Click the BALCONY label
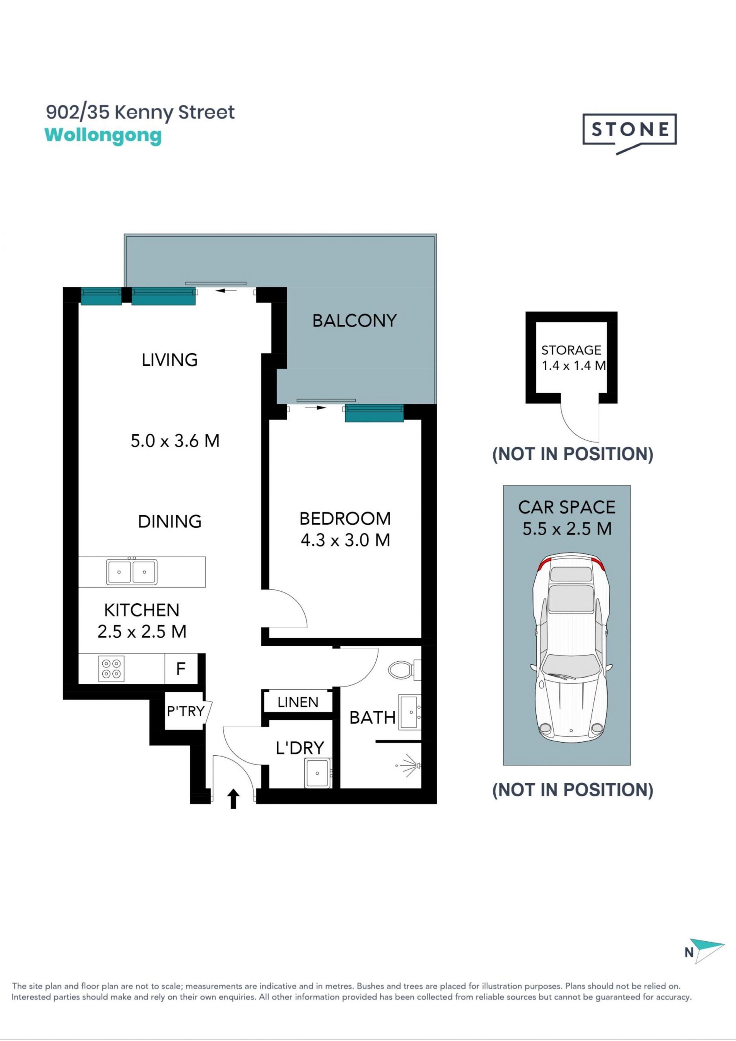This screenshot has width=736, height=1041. [355, 321]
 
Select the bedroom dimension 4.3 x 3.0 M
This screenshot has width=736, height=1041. [345, 540]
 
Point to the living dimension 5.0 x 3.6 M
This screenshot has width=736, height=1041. [175, 441]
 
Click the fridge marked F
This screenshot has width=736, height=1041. [181, 669]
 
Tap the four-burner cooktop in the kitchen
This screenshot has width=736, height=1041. [112, 669]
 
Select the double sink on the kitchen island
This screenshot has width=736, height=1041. [132, 572]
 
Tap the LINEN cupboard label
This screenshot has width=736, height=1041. [298, 702]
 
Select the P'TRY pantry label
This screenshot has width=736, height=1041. [186, 711]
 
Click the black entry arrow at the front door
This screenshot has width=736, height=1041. [233, 799]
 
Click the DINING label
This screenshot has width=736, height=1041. [169, 521]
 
